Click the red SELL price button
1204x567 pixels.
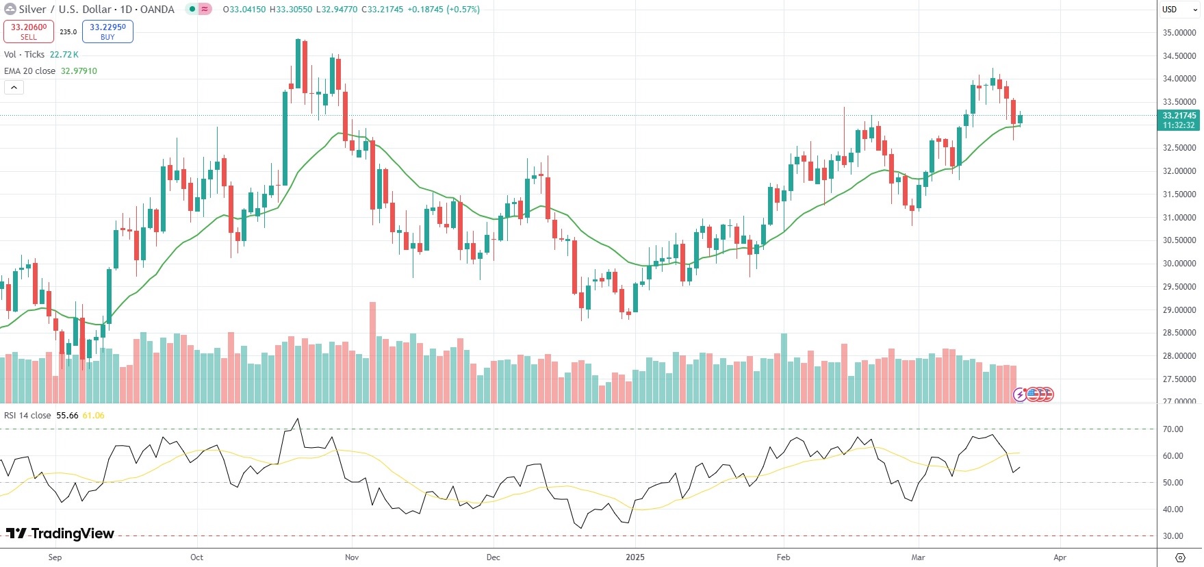[29, 32]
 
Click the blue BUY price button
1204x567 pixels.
[107, 32]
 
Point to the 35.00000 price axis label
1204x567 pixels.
[1179, 33]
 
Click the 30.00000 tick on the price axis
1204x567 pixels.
[1179, 264]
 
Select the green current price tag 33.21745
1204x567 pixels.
[1179, 120]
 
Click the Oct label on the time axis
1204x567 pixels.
[196, 557]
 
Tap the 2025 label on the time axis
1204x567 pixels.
[635, 557]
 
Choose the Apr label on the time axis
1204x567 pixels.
[1060, 557]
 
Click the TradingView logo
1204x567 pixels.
[60, 533]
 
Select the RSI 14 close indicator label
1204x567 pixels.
[27, 416]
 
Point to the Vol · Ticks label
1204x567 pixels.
[24, 55]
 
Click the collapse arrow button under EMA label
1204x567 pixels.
[14, 87]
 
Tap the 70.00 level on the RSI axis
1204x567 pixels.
[1173, 429]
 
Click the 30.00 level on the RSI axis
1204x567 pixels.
[1173, 536]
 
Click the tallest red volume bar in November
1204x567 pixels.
[373, 352]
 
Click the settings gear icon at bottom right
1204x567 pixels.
[1179, 557]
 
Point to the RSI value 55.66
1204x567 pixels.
[67, 416]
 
